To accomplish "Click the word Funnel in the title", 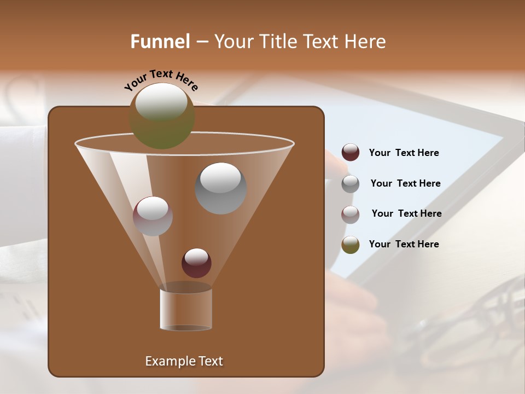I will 160,42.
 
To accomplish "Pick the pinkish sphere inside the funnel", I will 153,216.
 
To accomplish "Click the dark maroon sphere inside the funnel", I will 196,263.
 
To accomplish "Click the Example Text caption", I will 184,361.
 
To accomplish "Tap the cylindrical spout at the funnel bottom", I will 186,309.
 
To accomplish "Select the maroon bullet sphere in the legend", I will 351,152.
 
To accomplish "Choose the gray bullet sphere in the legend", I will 351,184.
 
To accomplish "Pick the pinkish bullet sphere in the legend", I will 351,214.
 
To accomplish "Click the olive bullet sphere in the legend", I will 351,245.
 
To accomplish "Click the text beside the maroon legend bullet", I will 404,153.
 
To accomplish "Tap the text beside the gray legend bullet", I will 405,183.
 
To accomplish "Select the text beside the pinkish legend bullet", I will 406,213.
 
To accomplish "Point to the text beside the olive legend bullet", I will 404,244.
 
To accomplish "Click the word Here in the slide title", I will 365,42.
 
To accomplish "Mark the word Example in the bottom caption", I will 167,361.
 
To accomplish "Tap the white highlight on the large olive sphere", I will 161,102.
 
